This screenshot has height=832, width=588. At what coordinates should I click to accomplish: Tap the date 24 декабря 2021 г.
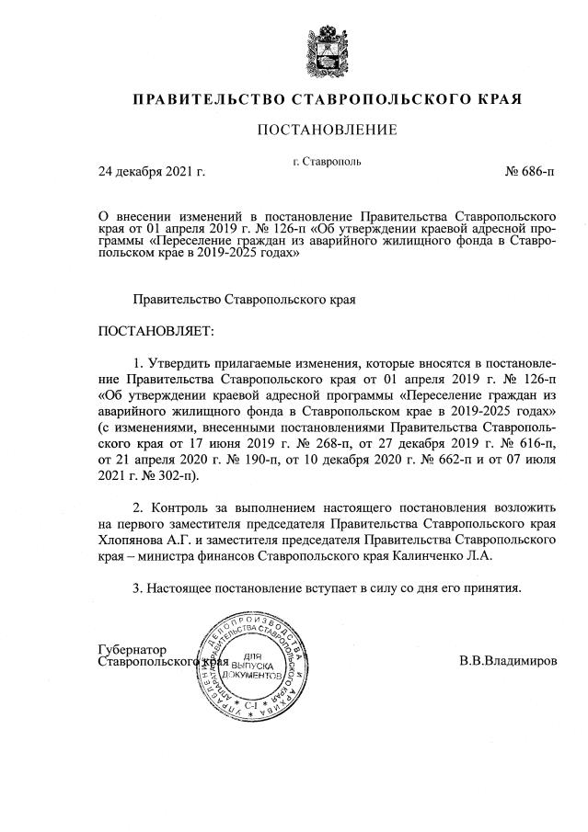[152, 171]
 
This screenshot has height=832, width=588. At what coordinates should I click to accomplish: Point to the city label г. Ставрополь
[327, 161]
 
